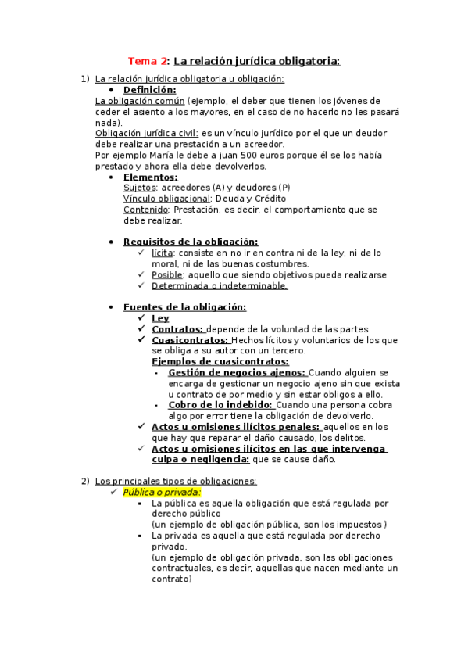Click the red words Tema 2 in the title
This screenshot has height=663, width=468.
pyautogui.click(x=147, y=60)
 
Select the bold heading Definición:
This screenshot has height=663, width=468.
pyautogui.click(x=149, y=90)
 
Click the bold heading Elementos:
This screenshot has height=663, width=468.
pyautogui.click(x=150, y=177)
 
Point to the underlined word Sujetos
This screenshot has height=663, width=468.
pyautogui.click(x=140, y=188)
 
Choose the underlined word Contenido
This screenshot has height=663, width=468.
pyautogui.click(x=146, y=210)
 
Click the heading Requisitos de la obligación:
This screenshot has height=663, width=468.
pyautogui.click(x=190, y=242)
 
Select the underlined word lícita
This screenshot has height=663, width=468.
pyautogui.click(x=162, y=253)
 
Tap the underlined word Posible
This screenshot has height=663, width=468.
pyautogui.click(x=167, y=275)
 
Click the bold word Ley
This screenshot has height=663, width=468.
pyautogui.click(x=160, y=319)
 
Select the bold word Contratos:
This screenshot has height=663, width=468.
pyautogui.click(x=177, y=330)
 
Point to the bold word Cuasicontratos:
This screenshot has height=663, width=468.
pyautogui.click(x=190, y=341)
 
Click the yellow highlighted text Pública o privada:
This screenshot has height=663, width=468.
pyautogui.click(x=163, y=493)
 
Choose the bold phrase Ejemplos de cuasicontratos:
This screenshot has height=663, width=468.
pyautogui.click(x=220, y=362)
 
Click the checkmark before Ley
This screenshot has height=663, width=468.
pyautogui.click(x=141, y=319)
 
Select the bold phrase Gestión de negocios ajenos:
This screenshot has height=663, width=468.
pyautogui.click(x=238, y=373)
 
